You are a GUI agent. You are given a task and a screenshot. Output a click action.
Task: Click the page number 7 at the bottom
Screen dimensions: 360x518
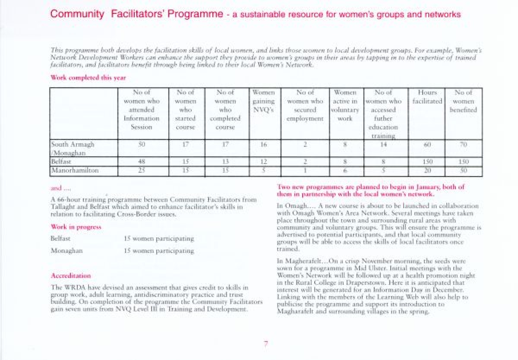[x=266, y=344]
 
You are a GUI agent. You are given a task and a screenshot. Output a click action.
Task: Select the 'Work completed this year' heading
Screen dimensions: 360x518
[x=88, y=78]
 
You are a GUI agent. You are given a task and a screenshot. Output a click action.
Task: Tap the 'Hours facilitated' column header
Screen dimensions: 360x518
[x=427, y=97]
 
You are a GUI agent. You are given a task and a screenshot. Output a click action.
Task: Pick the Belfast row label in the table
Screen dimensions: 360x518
[x=61, y=161]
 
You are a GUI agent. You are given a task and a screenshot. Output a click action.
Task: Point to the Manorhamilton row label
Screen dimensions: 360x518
[x=75, y=171]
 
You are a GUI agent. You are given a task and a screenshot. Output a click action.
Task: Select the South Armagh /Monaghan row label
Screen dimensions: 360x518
[x=73, y=148]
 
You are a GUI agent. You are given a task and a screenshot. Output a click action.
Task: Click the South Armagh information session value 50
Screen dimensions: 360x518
[x=141, y=145]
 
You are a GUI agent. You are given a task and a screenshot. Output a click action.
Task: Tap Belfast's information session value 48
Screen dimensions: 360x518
[x=141, y=161]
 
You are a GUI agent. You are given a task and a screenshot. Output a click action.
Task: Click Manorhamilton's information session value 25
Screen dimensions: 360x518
[x=141, y=171]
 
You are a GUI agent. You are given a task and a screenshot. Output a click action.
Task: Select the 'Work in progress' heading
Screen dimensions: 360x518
[x=76, y=227]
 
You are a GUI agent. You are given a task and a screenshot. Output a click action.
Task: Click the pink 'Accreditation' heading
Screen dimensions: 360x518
[x=71, y=275]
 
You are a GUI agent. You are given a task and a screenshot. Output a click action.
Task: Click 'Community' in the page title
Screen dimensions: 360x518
[x=77, y=14]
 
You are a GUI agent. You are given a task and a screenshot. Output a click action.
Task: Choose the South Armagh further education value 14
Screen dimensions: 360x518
[x=383, y=145]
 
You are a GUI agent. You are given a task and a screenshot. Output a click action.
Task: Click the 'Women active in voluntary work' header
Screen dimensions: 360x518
[x=345, y=105]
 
